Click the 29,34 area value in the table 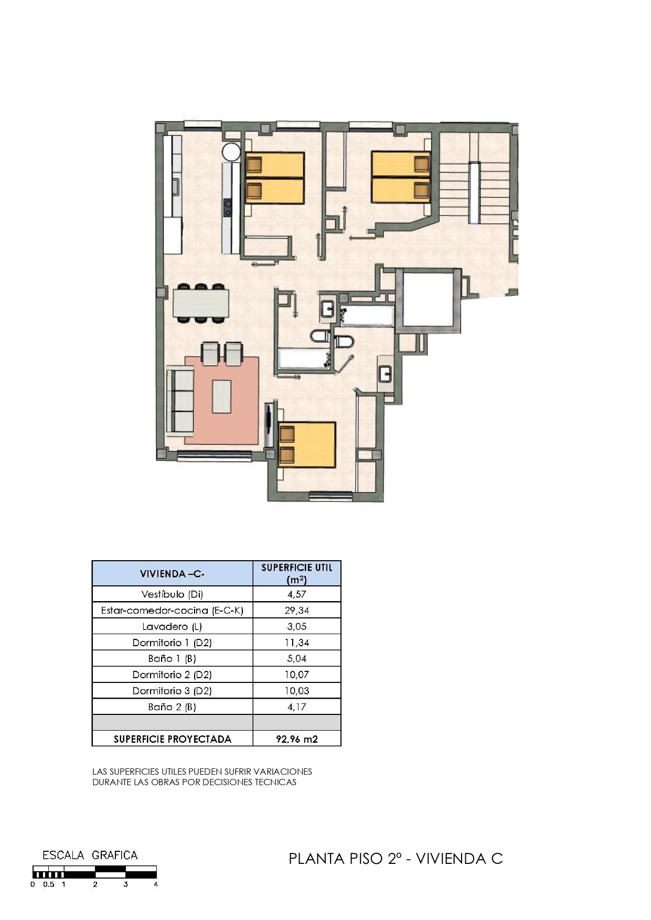pyautogui.click(x=296, y=611)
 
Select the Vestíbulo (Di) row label pyautogui.click(x=172, y=594)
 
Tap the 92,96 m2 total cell pyautogui.click(x=297, y=739)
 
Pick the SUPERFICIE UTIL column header pyautogui.click(x=297, y=573)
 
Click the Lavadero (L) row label pyautogui.click(x=172, y=626)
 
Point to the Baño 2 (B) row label pyautogui.click(x=172, y=707)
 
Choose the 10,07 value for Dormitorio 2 pyautogui.click(x=297, y=675)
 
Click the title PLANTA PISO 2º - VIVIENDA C pyautogui.click(x=396, y=859)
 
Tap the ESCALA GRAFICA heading pyautogui.click(x=90, y=855)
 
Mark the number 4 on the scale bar pyautogui.click(x=156, y=884)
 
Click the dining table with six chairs pyautogui.click(x=201, y=303)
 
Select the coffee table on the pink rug pyautogui.click(x=221, y=397)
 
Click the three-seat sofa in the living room pyautogui.click(x=180, y=401)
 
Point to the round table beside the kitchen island pyautogui.click(x=231, y=152)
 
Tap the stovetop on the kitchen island pyautogui.click(x=228, y=208)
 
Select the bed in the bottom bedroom pyautogui.click(x=306, y=444)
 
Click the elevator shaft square pyautogui.click(x=427, y=300)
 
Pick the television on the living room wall pyautogui.click(x=269, y=424)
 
